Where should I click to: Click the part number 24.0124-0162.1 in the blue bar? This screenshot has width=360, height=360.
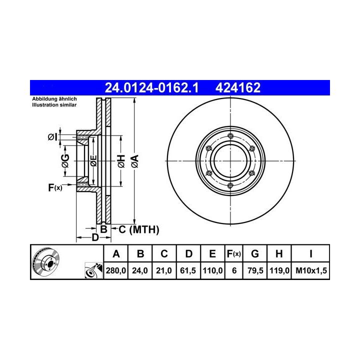tap(151, 88)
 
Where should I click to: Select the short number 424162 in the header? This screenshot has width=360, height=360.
tap(238, 88)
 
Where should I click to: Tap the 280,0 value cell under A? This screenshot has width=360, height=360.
tap(115, 270)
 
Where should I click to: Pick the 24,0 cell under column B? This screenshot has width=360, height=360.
tap(140, 270)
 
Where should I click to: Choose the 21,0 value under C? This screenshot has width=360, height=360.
tap(164, 270)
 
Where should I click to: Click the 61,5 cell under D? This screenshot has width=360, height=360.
tap(188, 270)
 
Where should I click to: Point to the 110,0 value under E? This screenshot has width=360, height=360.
tap(212, 270)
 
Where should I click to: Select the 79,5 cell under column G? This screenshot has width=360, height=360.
tap(255, 270)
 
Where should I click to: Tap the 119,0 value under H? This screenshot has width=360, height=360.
tap(279, 270)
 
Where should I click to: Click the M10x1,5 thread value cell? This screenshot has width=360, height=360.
tap(311, 270)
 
